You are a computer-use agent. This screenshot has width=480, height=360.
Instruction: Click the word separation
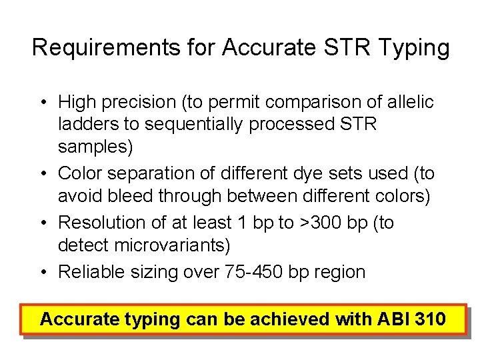[x=157, y=173]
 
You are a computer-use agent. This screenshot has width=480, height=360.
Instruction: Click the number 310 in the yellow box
[x=430, y=319]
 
